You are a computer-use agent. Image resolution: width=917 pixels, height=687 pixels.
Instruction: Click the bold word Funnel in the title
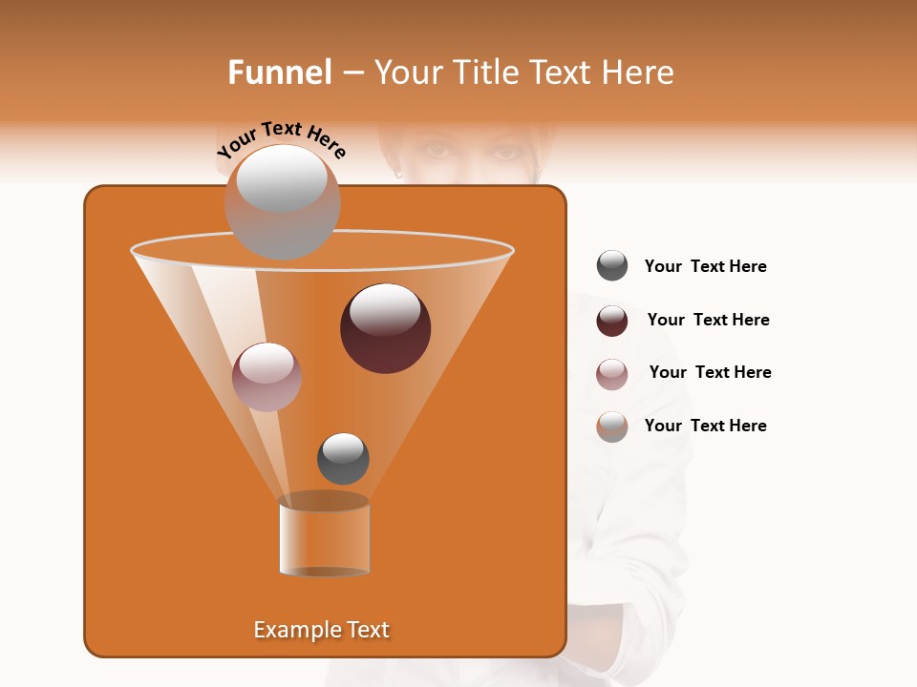point(279,73)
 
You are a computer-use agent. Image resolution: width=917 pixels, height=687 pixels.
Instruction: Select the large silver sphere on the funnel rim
point(282,201)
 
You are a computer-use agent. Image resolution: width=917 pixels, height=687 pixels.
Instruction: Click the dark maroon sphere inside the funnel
point(385,328)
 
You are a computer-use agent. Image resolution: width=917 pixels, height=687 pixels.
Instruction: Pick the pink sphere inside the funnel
point(267,377)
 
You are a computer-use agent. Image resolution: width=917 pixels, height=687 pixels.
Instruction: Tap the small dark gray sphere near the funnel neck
point(343,459)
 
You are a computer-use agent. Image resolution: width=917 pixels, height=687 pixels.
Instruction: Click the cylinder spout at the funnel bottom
point(324,536)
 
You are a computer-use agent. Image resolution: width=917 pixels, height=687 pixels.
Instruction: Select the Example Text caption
point(321,630)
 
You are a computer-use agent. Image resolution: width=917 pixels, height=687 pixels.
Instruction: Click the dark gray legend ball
point(612,266)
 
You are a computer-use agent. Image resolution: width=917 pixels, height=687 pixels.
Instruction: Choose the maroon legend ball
point(612,321)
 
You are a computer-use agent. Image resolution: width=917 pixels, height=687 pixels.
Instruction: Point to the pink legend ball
point(612,374)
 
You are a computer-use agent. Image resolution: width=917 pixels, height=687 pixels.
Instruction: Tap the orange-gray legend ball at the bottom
point(612,427)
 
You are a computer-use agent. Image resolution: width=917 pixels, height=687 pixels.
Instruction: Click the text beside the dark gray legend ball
point(705,267)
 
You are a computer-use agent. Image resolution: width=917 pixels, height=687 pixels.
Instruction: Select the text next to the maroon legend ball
point(708,321)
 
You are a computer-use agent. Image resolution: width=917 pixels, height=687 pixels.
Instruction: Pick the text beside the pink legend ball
point(710,373)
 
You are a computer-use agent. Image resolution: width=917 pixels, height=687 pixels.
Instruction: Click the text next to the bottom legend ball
point(705,427)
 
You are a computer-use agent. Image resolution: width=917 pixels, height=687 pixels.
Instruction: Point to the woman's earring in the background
point(398,174)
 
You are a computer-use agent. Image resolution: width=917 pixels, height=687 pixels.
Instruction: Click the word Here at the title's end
point(639,73)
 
